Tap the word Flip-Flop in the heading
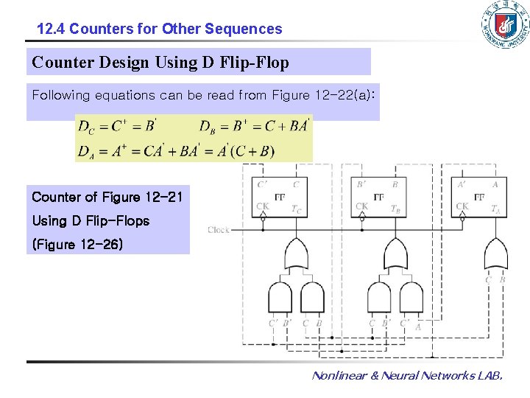pos(254,63)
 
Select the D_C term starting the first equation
pos(87,126)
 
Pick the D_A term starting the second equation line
pos(87,151)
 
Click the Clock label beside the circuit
pos(219,230)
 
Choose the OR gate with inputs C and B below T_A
pos(494,254)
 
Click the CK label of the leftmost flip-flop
pos(262,207)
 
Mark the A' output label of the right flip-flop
pos(462,184)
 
